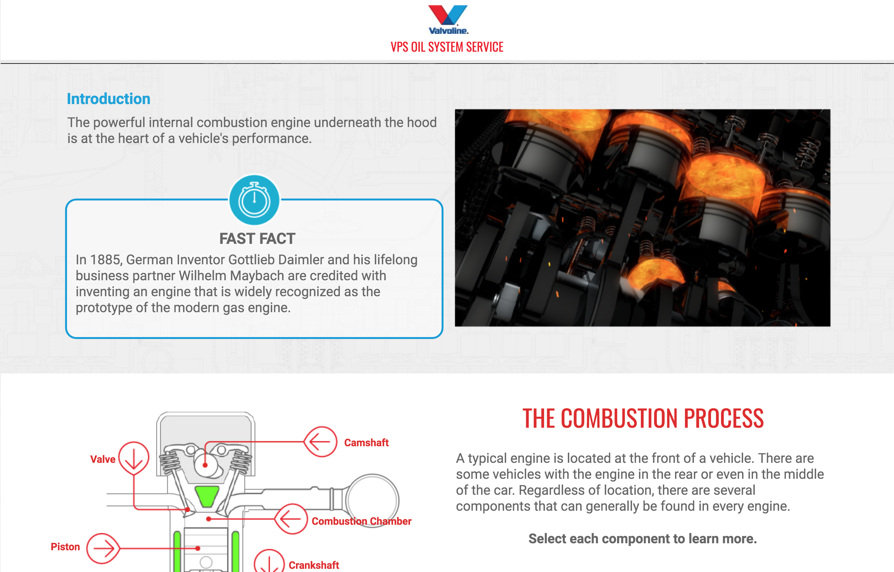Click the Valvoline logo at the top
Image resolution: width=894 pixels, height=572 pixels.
point(448,20)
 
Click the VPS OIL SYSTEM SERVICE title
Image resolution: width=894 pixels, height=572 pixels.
point(447,47)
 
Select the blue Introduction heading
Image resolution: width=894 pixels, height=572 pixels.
point(108,99)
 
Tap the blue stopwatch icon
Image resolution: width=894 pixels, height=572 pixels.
point(254,200)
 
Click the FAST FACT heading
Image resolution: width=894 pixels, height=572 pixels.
point(257,238)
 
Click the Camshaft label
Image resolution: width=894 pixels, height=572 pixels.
point(366,442)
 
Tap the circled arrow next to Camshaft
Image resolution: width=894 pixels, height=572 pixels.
point(320,442)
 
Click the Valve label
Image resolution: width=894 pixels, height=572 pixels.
point(103,459)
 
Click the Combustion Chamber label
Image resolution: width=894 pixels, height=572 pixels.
point(361,521)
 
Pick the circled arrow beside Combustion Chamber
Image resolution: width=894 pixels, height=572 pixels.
point(291,519)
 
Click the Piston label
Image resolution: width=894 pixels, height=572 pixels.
point(65,547)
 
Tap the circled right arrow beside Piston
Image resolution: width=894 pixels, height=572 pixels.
point(103,548)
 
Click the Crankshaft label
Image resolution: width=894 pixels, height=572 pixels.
point(314,565)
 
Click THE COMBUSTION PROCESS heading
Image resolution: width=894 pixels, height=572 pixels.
point(643,418)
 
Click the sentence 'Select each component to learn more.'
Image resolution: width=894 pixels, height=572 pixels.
point(643,538)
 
